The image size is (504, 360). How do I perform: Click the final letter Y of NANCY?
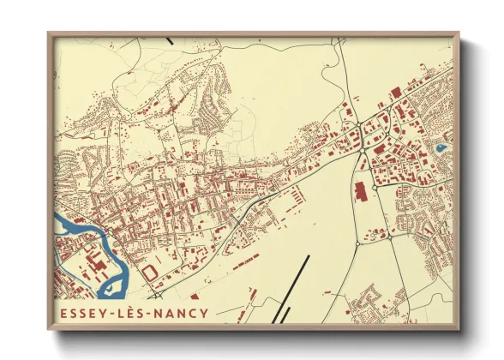[x=202, y=310]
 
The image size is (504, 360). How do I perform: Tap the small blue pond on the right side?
[x=441, y=147]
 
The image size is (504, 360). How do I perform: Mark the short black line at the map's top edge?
[x=172, y=39]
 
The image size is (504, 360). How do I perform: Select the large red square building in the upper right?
[x=395, y=91]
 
